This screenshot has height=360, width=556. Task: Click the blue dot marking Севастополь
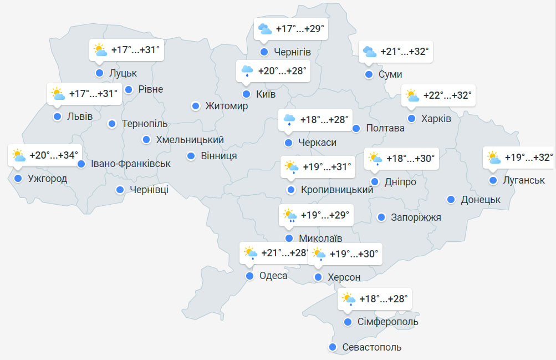pos(333,347)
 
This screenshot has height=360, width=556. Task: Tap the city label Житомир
pos(226,106)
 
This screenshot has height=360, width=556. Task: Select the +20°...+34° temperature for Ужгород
pos(54,155)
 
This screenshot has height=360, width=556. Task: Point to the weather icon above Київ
pos(247,71)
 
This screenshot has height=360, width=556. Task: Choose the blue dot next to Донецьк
pos(451,200)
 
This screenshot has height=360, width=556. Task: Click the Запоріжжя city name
pos(416,217)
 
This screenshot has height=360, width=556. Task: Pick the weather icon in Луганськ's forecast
pos(493,158)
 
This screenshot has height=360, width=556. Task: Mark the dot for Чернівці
pos(120,190)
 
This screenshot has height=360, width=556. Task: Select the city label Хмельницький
pos(190,140)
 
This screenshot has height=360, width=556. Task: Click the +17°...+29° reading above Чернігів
pos(299,29)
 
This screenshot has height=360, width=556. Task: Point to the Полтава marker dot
pos(356,128)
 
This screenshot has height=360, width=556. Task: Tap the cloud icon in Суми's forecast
pos(369,52)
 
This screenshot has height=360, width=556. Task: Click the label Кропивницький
pos(336,190)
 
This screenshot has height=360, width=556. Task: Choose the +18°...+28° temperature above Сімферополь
pos(384,300)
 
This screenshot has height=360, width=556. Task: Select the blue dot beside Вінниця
pos(191,156)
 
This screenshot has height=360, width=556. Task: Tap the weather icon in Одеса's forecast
pos(250,253)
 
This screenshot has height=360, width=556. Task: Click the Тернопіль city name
pos(144,124)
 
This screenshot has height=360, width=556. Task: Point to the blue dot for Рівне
pos(129,89)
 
